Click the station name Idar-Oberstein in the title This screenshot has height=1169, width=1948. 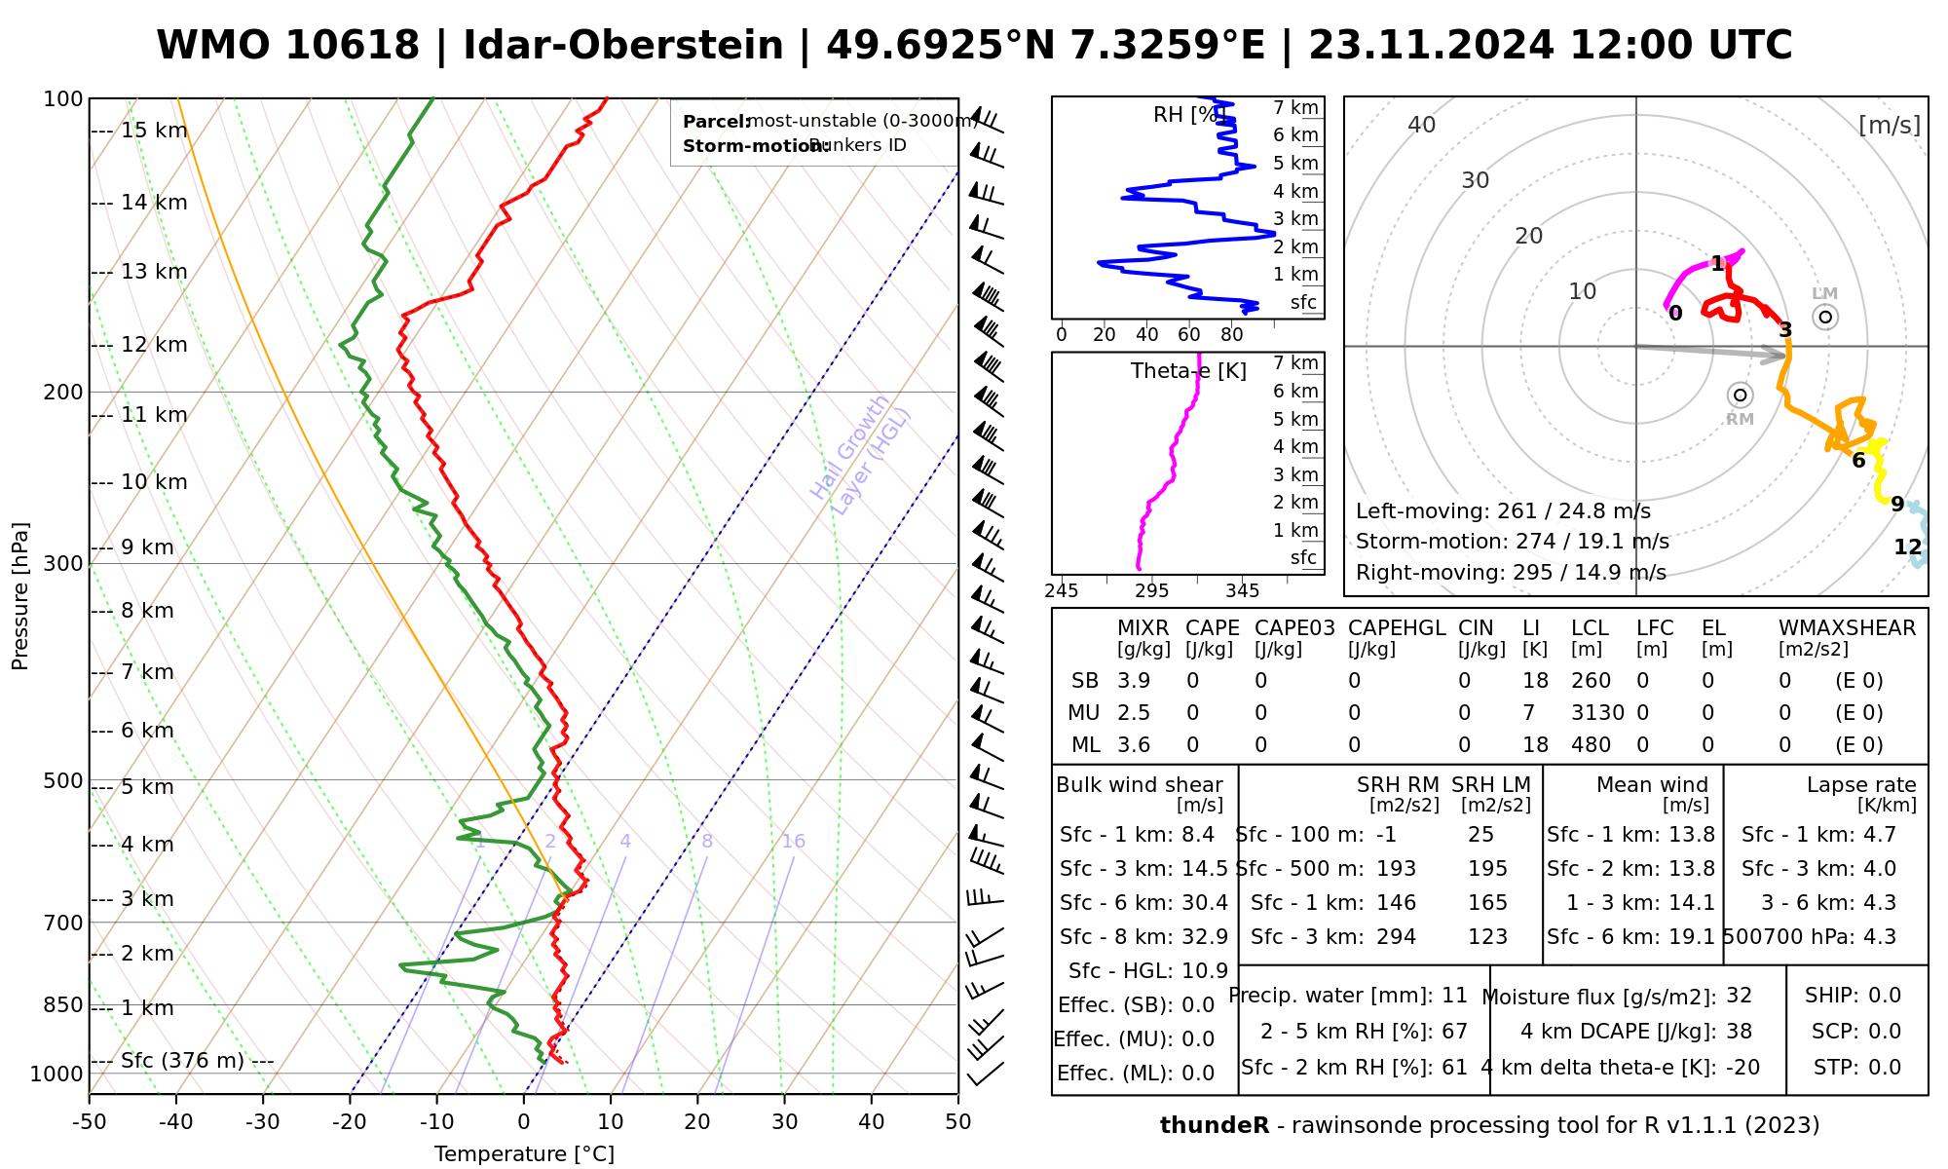click(x=623, y=46)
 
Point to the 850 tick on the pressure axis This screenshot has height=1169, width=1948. click(x=63, y=1004)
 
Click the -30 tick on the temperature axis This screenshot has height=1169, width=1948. click(x=263, y=1122)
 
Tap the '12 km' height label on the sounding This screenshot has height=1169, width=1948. click(x=154, y=345)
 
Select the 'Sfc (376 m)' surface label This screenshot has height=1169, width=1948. click(x=182, y=1060)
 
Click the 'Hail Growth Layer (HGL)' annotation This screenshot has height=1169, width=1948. click(x=861, y=454)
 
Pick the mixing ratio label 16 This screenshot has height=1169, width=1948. click(x=794, y=842)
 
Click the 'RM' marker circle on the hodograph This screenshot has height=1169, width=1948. click(x=1741, y=395)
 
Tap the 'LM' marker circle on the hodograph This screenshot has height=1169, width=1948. click(x=1825, y=317)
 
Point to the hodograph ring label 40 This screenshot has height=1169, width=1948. click(x=1422, y=125)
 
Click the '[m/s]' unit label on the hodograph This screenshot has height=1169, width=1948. click(x=1890, y=125)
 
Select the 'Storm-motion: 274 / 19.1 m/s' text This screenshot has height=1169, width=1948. click(x=1512, y=542)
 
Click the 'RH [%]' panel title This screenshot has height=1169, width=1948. click(x=1186, y=115)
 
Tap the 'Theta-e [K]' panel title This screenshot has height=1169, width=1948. click(x=1188, y=371)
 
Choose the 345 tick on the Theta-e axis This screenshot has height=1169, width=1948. click(x=1242, y=591)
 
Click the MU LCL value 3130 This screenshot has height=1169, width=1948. click(x=1597, y=713)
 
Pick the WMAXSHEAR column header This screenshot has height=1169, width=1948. click(x=1847, y=628)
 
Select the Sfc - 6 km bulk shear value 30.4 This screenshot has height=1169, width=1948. click(x=1205, y=903)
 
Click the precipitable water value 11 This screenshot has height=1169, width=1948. click(x=1454, y=996)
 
